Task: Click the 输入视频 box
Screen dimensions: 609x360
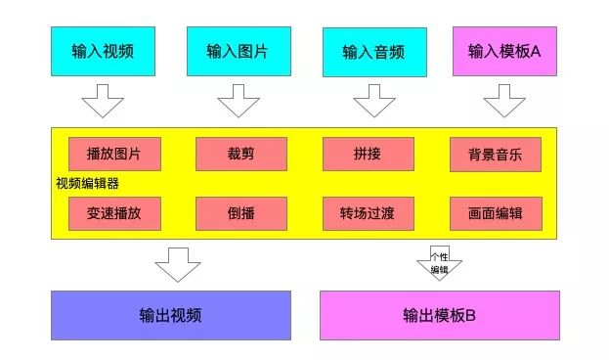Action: pos(103,51)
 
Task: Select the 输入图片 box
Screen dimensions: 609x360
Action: pos(239,51)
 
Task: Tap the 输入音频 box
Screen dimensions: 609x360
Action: pos(374,52)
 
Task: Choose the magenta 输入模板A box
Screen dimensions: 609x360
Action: pos(505,51)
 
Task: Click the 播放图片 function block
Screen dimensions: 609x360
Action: pos(114,154)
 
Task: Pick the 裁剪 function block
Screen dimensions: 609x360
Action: pos(241,154)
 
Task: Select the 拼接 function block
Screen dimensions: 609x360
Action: pos(369,154)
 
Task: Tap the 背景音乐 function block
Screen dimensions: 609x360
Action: pos(496,155)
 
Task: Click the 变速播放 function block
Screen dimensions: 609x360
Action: pos(114,213)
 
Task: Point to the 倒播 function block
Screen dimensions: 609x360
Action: pos(241,213)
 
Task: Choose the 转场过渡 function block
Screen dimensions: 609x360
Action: pos(369,213)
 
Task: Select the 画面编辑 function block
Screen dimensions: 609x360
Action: pos(496,213)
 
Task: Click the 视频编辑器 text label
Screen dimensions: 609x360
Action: pos(87,184)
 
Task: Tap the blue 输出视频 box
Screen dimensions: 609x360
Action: pos(171,315)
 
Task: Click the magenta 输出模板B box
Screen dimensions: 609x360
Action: pos(440,315)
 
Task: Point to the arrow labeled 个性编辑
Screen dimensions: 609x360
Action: pos(439,263)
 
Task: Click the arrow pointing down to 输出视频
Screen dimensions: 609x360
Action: pos(178,265)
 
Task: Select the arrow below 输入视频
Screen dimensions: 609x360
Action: pos(103,101)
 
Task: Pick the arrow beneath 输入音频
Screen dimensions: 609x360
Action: pos(374,101)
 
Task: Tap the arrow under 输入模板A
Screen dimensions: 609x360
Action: pos(504,101)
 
